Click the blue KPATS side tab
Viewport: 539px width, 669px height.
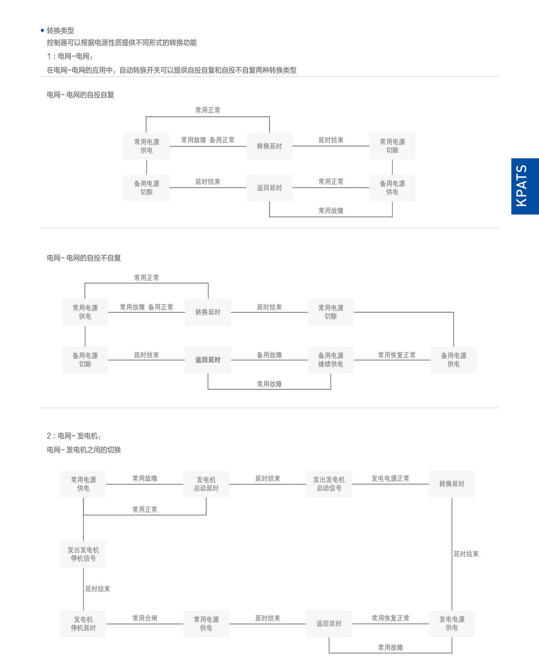click(525, 186)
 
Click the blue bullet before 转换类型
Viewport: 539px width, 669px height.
click(43, 31)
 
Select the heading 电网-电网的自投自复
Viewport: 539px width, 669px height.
click(80, 95)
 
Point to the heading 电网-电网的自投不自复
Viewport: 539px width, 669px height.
click(84, 258)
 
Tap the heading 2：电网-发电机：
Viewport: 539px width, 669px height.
click(74, 436)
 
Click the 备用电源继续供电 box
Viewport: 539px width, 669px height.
click(331, 359)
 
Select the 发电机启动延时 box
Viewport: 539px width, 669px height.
click(206, 484)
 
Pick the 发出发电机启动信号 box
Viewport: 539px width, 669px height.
click(329, 484)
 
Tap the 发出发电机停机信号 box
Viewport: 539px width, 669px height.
click(83, 554)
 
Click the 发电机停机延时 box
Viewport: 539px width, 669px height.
click(83, 624)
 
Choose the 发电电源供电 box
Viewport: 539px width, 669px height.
click(452, 624)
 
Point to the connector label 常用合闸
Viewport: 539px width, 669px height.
click(145, 618)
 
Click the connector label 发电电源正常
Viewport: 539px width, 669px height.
click(390, 478)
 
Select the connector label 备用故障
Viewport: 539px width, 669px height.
click(269, 355)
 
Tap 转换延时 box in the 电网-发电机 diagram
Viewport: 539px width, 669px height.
click(452, 484)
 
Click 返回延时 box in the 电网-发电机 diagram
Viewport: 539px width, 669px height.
click(329, 624)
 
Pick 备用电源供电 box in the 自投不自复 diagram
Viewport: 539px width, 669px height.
click(454, 359)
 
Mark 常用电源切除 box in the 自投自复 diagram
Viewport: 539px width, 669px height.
click(392, 146)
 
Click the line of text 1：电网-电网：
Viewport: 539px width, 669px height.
click(70, 57)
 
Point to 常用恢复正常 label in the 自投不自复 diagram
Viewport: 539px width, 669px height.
click(397, 355)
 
